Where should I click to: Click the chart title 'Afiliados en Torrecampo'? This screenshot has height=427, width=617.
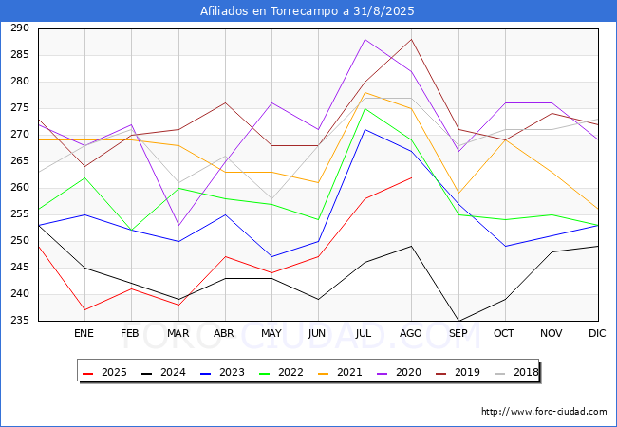[x=308, y=11]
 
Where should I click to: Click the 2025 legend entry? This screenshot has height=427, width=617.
[x=106, y=373]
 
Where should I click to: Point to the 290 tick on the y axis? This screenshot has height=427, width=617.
[x=20, y=28]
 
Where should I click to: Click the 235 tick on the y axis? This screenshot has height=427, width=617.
[x=20, y=321]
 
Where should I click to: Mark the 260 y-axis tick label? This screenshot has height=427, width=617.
[x=20, y=188]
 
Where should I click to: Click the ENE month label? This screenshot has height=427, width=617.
[x=84, y=334]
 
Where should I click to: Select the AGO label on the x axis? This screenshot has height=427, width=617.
[x=411, y=334]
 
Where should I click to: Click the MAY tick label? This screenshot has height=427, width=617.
[x=271, y=334]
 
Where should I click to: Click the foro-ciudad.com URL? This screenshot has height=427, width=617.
[x=544, y=412]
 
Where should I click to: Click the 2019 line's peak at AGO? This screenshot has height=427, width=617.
[x=411, y=39]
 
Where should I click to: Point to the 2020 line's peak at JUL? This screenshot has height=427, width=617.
[x=365, y=39]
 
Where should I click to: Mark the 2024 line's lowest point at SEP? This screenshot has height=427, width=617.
[x=458, y=321]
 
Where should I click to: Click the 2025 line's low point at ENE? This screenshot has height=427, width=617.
[x=84, y=309]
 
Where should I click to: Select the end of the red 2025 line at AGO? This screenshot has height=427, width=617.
[x=411, y=177]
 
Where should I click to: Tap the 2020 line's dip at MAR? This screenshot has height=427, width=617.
[x=178, y=225]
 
